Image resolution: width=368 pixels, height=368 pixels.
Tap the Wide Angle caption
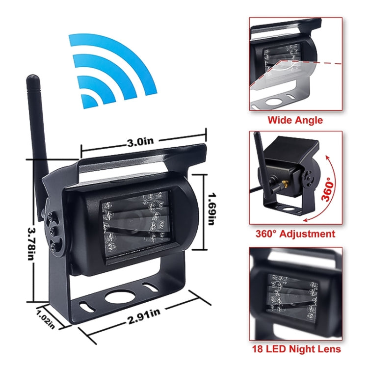pyautogui.click(x=294, y=120)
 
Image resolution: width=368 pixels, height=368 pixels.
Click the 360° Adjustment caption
pyautogui.click(x=295, y=234)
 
